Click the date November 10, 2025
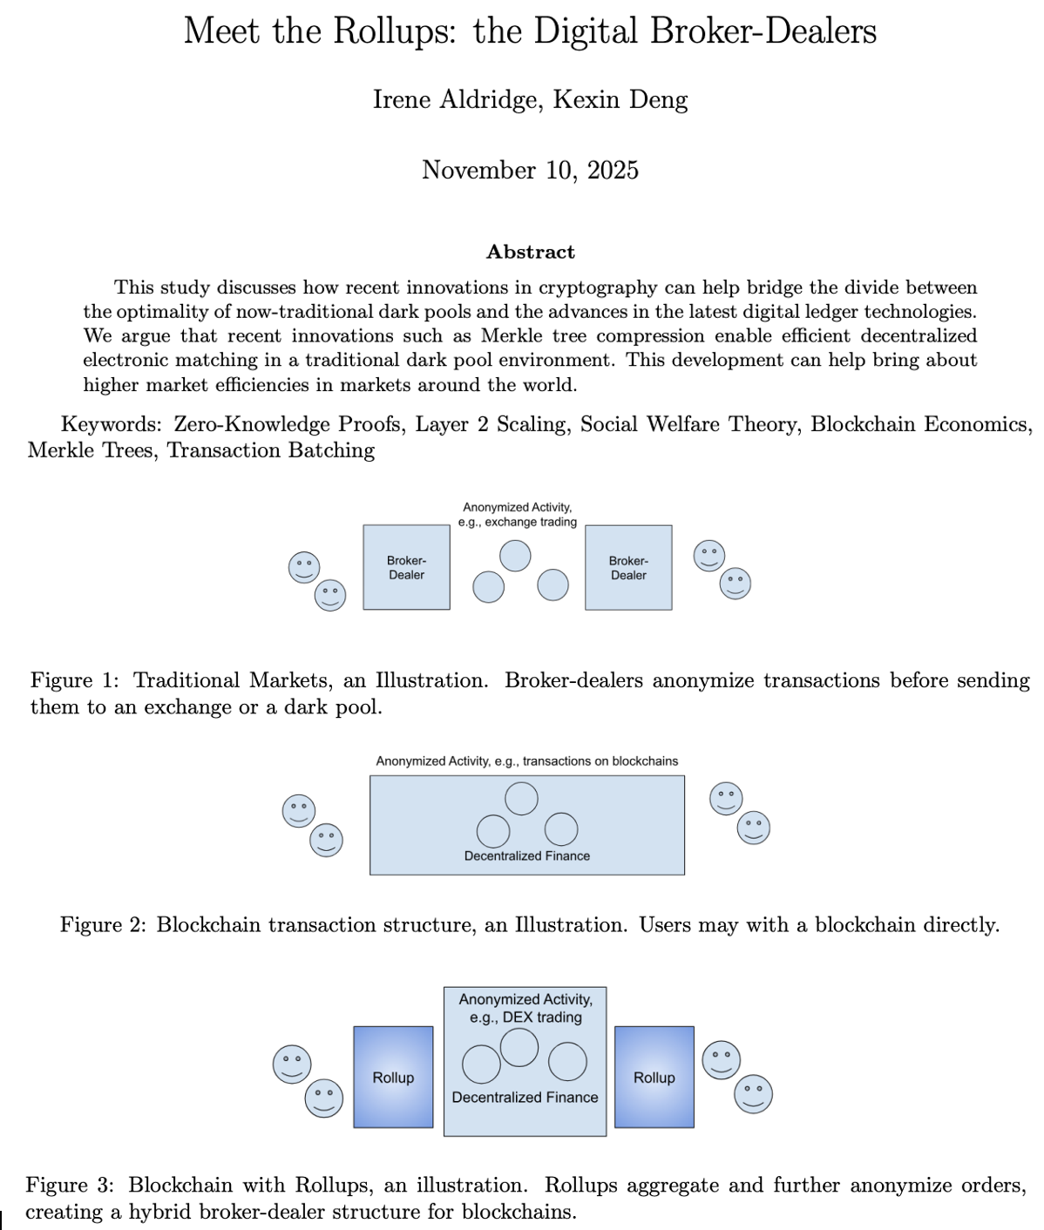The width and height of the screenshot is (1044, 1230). [530, 170]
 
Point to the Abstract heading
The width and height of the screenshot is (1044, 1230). [530, 253]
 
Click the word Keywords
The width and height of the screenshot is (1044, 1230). [111, 424]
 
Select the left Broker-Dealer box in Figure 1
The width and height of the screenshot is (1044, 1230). [406, 567]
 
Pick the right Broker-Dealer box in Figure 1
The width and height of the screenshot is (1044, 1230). [628, 567]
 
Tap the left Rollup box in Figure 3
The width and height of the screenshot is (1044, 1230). [393, 1078]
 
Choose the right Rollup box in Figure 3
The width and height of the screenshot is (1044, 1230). [654, 1078]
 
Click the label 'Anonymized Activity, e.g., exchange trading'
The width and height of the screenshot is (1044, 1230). [518, 514]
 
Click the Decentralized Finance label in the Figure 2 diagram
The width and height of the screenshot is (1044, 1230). [526, 856]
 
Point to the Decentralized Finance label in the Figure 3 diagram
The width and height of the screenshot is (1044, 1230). [525, 1098]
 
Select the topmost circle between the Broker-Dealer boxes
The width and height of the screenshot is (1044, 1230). [515, 556]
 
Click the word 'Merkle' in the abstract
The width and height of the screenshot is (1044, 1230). [512, 336]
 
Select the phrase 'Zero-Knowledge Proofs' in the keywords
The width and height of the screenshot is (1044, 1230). [288, 424]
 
